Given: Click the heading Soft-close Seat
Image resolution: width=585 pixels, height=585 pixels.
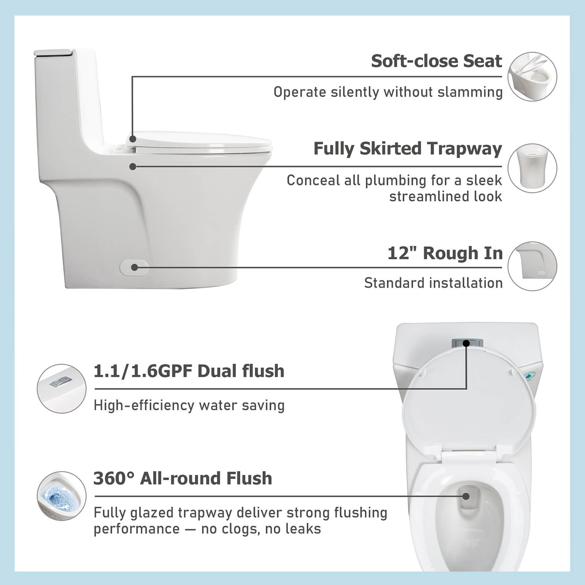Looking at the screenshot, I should pos(436,61).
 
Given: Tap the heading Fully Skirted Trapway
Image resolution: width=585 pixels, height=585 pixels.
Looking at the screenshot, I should pos(407,149).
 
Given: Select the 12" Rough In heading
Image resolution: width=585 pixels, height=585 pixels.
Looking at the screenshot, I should pos(445,253).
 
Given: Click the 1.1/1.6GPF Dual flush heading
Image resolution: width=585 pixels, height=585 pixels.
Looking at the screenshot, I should pos(189,371).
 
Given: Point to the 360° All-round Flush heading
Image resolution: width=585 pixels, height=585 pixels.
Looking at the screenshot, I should pos(183,478).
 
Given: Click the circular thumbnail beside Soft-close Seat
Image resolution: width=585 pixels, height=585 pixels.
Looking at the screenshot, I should pos(532,77).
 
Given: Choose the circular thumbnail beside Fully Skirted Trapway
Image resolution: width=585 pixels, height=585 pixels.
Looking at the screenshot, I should pos(532,168).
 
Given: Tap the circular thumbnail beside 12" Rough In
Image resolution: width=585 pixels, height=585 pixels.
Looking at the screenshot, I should pos(532,266).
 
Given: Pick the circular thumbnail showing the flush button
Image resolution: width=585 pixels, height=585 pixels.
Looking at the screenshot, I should pos(62,389).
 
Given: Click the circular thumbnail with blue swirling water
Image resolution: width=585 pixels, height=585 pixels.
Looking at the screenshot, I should pos(62,496).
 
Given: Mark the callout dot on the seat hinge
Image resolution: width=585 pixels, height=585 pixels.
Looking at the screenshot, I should pos(133,139).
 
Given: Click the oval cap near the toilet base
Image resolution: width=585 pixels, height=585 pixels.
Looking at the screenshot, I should pos(134,267).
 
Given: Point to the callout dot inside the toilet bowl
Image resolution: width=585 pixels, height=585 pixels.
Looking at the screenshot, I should pos(466,496).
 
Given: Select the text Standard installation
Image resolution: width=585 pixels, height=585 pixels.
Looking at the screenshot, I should pos(433,283).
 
